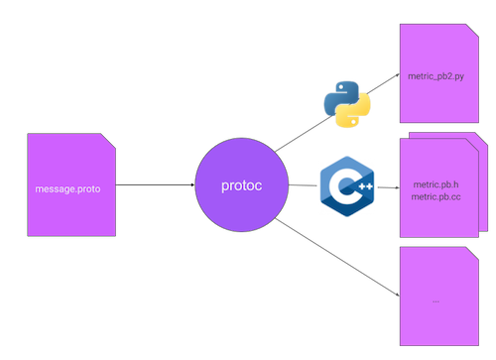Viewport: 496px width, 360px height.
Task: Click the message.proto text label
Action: [x=66, y=187]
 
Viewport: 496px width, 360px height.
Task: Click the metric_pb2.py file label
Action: [x=437, y=75]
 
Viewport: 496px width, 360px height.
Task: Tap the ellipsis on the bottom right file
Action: [x=436, y=299]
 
